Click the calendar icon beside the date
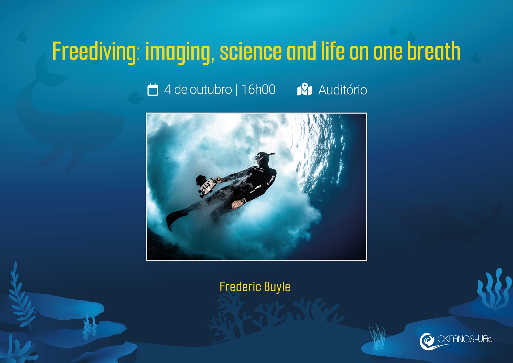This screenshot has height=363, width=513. point(153,90)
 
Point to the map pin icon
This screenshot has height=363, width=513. point(305,89)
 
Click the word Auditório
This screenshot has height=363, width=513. point(343,90)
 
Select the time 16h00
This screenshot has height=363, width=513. point(259,90)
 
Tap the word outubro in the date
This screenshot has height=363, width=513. point(211,90)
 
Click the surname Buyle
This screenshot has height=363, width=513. point(277,287)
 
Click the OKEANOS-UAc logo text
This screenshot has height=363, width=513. point(465,339)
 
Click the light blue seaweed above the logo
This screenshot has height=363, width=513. point(494,289)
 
